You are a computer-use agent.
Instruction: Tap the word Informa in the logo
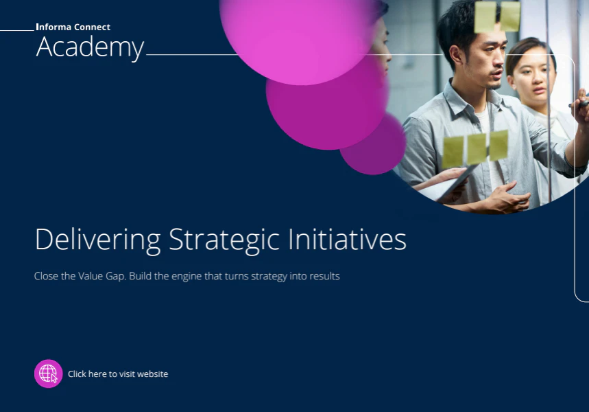tap(53, 27)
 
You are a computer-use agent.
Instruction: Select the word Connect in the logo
tap(92, 27)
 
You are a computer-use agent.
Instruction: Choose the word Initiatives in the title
tap(348, 239)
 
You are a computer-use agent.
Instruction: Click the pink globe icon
tap(49, 374)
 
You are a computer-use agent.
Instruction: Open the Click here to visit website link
tap(118, 374)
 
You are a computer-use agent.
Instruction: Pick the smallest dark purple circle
tap(373, 143)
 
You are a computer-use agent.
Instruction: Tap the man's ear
tap(456, 54)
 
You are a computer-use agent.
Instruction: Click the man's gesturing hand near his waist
tap(508, 197)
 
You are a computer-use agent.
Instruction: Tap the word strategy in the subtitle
tap(269, 277)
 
